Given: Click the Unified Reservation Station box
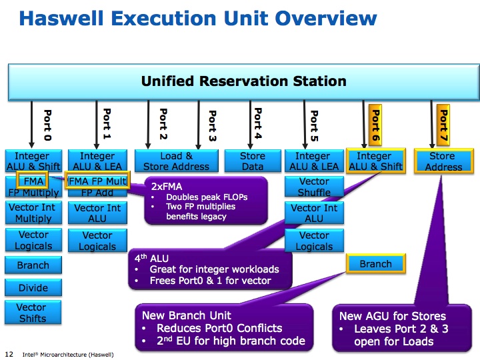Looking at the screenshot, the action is [244, 82].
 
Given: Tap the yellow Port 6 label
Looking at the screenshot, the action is [375, 126].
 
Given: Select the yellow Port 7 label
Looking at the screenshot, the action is [443, 126].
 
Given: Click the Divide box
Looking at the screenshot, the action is [33, 287].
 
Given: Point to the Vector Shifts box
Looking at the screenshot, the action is [33, 312].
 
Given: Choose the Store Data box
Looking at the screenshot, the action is [253, 161].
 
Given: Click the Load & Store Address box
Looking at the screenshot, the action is [177, 161].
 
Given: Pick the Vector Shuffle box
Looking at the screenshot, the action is [314, 187].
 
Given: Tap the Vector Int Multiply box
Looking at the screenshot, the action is [33, 213].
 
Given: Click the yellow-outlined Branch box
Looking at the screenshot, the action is [376, 263].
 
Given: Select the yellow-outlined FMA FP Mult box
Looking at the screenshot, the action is [97, 180].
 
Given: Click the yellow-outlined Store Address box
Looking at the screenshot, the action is [443, 161].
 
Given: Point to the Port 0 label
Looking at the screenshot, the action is [47, 125].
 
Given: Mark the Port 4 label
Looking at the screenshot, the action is [258, 123].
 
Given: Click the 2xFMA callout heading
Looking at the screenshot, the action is [167, 187].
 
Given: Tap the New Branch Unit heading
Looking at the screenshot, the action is [187, 315].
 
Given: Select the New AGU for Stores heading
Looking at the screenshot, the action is [393, 316].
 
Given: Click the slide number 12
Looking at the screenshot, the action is [9, 354].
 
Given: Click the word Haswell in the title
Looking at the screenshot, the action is [61, 18].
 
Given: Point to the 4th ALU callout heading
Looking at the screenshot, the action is [151, 258].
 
